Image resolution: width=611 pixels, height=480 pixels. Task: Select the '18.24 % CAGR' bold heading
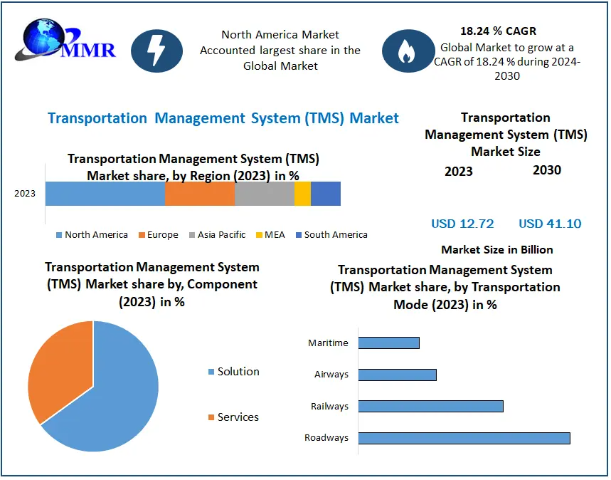(498, 31)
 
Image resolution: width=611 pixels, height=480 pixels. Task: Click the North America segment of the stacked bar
(105, 194)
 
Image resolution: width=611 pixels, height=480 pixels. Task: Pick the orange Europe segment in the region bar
(200, 194)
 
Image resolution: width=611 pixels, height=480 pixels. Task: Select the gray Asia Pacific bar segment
(264, 194)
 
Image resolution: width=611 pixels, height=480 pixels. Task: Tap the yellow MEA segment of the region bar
(302, 194)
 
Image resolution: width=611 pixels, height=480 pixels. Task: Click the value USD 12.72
(462, 224)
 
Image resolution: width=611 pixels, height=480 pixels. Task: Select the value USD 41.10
(550, 224)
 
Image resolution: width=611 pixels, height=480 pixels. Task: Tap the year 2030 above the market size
(546, 169)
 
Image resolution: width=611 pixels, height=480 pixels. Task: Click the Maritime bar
(388, 343)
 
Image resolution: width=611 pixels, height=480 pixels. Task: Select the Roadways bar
(464, 437)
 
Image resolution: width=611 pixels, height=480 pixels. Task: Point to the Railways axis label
(329, 407)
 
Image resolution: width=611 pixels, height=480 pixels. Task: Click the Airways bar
(397, 375)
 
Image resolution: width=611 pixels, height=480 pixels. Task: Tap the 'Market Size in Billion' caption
(496, 249)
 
